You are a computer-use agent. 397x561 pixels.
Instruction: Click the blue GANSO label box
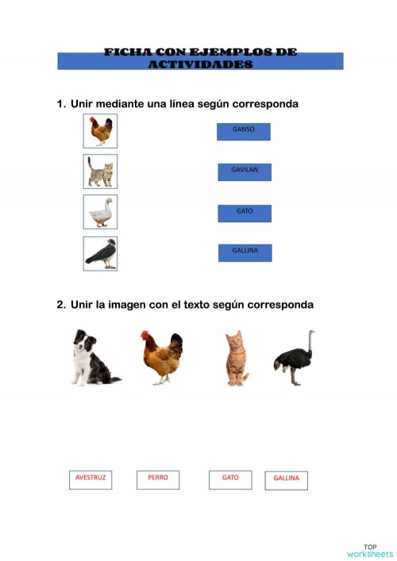[244, 132]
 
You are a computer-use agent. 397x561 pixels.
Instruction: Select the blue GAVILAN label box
[245, 172]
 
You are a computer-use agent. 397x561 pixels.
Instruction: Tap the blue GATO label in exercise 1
[245, 213]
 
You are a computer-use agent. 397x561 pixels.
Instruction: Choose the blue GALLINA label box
[245, 252]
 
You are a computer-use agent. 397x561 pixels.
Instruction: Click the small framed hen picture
[100, 131]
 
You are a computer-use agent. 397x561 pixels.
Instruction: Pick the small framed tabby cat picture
[100, 171]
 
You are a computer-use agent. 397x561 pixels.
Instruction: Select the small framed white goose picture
[100, 212]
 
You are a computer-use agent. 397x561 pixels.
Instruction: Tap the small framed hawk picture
[100, 253]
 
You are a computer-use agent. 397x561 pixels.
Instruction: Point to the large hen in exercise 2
[162, 358]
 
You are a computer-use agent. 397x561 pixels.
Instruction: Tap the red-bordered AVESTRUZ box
[91, 479]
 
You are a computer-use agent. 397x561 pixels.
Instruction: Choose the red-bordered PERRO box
[158, 479]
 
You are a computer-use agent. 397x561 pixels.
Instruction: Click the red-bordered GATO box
[230, 479]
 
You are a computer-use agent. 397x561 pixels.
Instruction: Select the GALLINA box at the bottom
[286, 480]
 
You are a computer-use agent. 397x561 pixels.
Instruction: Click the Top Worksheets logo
[369, 550]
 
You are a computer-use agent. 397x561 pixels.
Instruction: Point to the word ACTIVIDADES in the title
[200, 64]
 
